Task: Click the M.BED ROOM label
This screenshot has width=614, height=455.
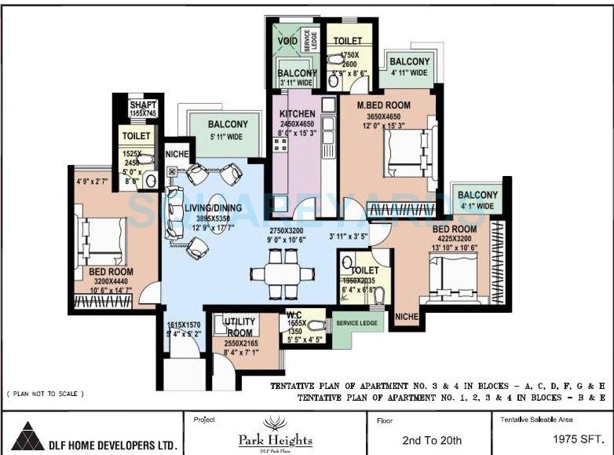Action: (x=384, y=105)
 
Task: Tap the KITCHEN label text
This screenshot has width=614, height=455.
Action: (x=297, y=114)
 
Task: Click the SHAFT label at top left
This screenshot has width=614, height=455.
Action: (x=143, y=105)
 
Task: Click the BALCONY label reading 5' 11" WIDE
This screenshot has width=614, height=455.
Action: (x=228, y=124)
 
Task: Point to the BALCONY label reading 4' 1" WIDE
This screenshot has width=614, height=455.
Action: (x=477, y=196)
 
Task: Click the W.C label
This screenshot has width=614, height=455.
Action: (x=292, y=314)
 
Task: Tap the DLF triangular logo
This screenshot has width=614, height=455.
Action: (x=29, y=435)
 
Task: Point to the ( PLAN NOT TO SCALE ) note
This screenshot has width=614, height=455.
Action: (x=45, y=393)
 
